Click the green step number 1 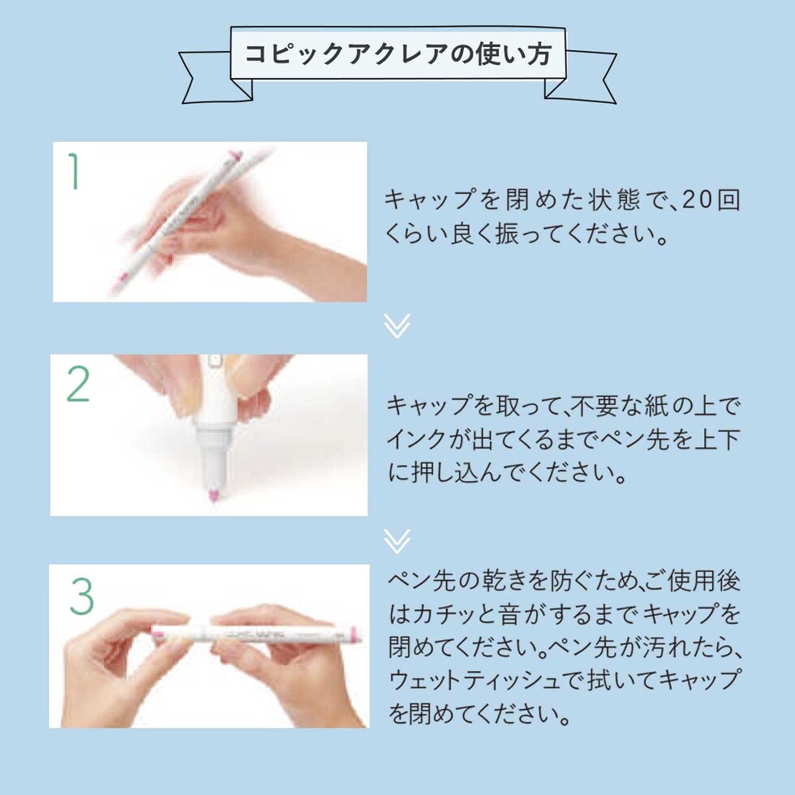pyautogui.click(x=75, y=171)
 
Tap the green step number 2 pyautogui.click(x=79, y=385)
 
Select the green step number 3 pyautogui.click(x=82, y=596)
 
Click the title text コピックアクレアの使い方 pyautogui.click(x=398, y=54)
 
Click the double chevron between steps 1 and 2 pyautogui.click(x=397, y=325)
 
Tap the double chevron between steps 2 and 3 pyautogui.click(x=397, y=542)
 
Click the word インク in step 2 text pyautogui.click(x=415, y=439)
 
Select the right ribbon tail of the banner pyautogui.click(x=581, y=76)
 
